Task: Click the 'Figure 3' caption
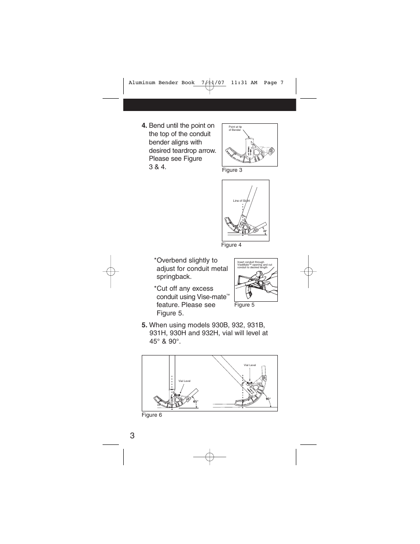pos(232,170)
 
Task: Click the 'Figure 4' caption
pos(231,245)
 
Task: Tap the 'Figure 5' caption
pos(244,305)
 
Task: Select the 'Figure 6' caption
pos(152,415)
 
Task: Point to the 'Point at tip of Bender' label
pos(236,128)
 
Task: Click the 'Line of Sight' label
pos(241,201)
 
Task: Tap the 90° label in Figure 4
pos(265,231)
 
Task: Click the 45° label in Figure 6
pos(195,401)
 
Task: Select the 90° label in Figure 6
pos(268,399)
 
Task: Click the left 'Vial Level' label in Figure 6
pos(184,381)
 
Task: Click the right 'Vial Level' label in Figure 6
pos(250,365)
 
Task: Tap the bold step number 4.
pos(144,126)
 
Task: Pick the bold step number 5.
pos(144,325)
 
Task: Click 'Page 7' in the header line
pos(273,82)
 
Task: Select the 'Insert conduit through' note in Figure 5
pos(251,262)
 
